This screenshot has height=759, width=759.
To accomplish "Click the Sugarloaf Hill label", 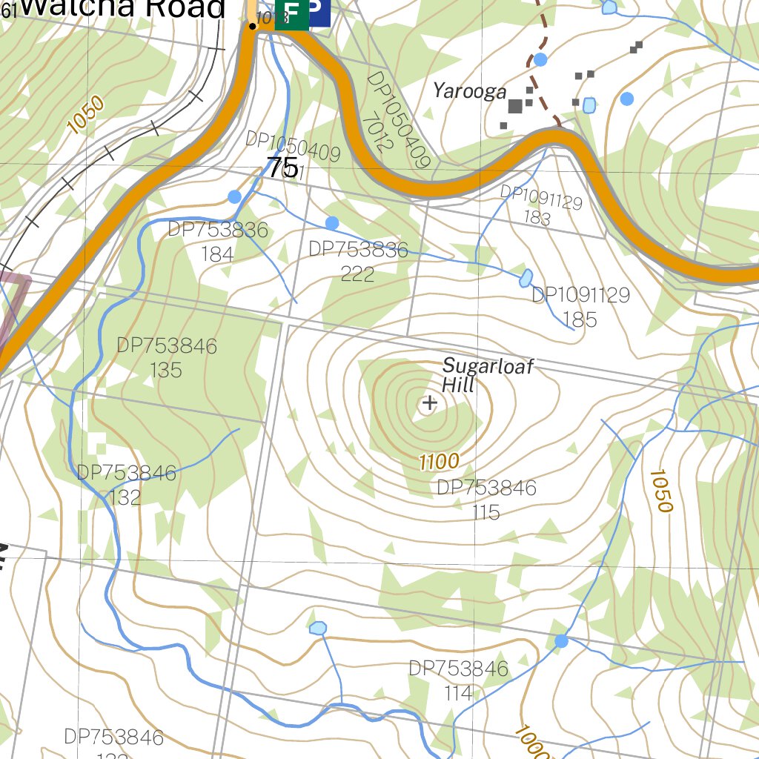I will [x=487, y=375].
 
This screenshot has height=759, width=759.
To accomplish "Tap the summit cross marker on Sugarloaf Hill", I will [x=428, y=404].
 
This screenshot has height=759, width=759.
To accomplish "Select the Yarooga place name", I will [x=470, y=91].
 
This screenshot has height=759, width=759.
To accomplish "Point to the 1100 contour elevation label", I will [x=439, y=462].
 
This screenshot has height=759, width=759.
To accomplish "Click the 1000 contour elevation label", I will [x=532, y=741].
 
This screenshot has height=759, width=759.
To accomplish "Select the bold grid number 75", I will [x=282, y=168].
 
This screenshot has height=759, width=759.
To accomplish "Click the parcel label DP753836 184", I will [x=217, y=242].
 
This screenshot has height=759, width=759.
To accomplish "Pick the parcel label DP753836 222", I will [x=358, y=262].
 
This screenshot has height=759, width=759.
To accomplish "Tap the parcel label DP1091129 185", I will [x=580, y=307].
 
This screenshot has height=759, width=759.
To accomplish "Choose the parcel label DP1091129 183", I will [x=540, y=206].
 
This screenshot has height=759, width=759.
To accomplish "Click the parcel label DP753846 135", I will [x=167, y=357].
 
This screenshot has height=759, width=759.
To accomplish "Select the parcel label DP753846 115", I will [x=486, y=500].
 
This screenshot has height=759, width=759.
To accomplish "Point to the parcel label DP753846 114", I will [x=459, y=680].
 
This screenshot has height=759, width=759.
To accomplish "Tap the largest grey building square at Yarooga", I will [x=515, y=107].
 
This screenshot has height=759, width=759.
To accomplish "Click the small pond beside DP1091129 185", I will [x=526, y=278].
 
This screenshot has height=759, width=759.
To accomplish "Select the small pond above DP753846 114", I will [x=317, y=629].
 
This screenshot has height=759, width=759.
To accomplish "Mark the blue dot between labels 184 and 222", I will [x=332, y=222].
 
